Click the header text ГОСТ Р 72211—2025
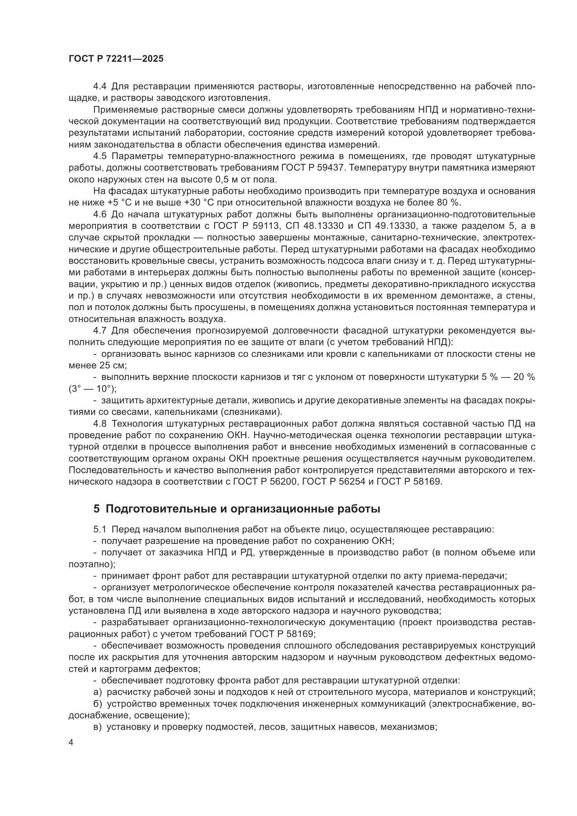pyautogui.click(x=116, y=59)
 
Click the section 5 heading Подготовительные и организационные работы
pyautogui.click(x=237, y=509)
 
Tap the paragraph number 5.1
pyautogui.click(x=100, y=529)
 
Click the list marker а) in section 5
pyautogui.click(x=98, y=692)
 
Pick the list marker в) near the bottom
pyautogui.click(x=98, y=727)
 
